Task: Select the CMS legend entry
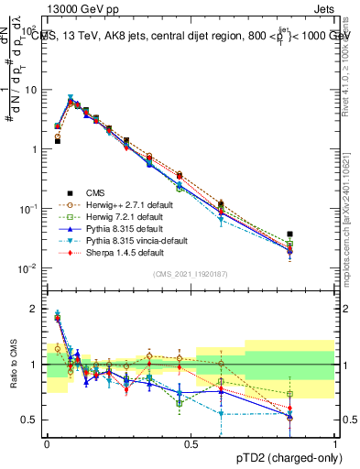[95, 192]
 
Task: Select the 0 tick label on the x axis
[47, 442]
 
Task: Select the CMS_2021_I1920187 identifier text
[191, 274]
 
